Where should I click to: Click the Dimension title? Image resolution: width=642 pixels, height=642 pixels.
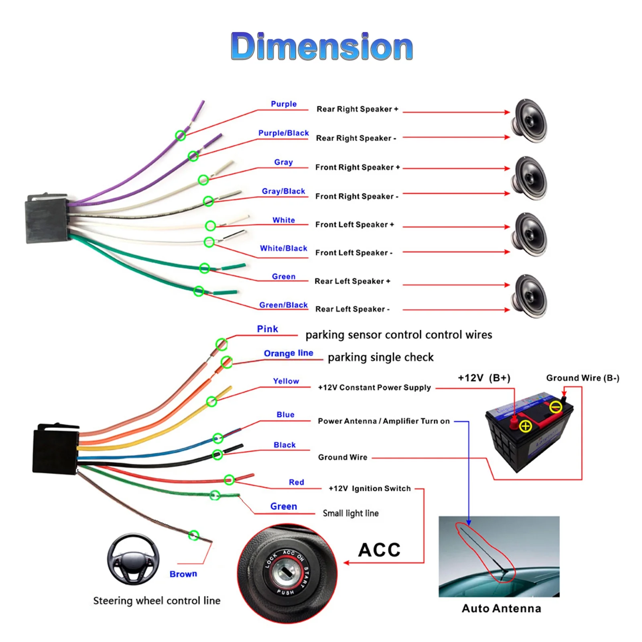pos(322,47)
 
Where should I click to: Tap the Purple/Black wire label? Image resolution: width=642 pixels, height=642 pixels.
pos(283,133)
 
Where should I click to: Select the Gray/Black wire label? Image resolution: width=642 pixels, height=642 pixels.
pos(283,191)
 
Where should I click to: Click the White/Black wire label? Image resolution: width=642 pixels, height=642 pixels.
pos(283,248)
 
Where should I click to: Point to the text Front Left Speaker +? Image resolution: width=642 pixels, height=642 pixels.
pos(355,225)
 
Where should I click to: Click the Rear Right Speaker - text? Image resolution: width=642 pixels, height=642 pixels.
pos(356,138)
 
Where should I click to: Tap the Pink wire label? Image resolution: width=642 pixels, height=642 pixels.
pos(267,329)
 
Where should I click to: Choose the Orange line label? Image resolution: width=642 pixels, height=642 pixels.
pos(288,353)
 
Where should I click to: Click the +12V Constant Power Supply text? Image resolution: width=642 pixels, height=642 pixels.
pos(374,388)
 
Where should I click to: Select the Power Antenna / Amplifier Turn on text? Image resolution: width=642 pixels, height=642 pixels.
pos(384,421)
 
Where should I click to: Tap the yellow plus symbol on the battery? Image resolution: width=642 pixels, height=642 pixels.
pos(526,426)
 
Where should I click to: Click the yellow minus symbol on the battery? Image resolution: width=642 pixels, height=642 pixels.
pos(556,407)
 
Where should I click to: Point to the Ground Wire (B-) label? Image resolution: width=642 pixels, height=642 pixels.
pos(583,378)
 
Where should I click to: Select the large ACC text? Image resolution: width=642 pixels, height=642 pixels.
pos(379,550)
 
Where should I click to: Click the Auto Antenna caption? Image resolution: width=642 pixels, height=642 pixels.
pos(501,609)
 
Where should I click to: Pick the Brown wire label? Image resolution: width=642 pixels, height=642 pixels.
pos(183,574)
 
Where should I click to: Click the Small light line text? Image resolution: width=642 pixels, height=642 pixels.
pos(351,513)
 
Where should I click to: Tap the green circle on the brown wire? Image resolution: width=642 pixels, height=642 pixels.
pos(194,535)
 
